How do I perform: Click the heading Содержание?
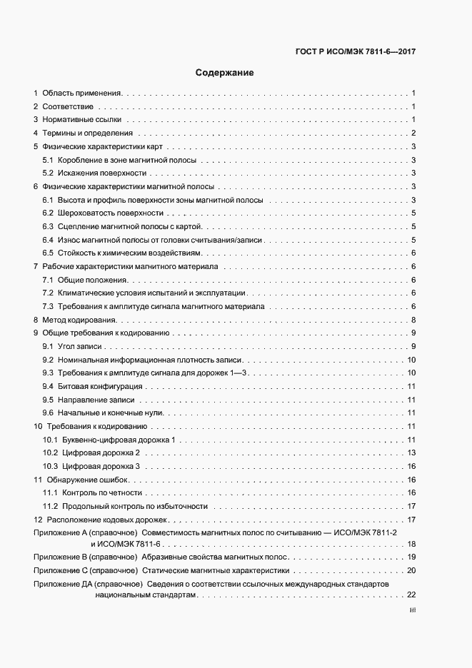(225, 73)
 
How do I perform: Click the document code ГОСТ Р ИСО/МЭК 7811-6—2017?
(355, 51)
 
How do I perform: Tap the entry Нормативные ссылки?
(81, 120)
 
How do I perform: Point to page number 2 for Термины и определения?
(413, 133)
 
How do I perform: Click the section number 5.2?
(48, 173)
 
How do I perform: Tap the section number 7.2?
(48, 293)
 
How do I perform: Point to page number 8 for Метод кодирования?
(413, 320)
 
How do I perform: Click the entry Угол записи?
(78, 346)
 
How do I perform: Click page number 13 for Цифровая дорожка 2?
(411, 453)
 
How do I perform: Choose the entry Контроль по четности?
(102, 493)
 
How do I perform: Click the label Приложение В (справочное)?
(85, 557)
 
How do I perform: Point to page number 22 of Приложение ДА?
(411, 595)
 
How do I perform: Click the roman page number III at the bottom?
(412, 611)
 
